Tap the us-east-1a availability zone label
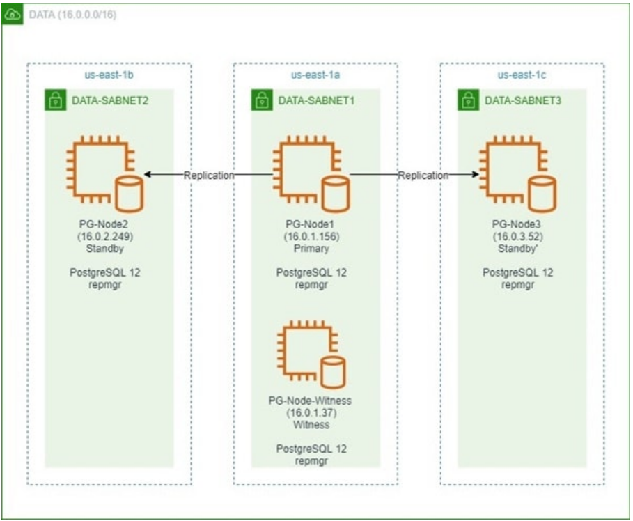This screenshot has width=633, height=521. [x=315, y=74]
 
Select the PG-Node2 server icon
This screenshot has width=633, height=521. [x=103, y=175]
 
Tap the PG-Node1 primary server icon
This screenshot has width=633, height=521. [x=309, y=175]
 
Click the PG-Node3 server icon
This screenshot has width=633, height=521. [x=516, y=175]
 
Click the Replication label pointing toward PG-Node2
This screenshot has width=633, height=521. [x=209, y=176]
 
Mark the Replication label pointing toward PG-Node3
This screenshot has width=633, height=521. [x=423, y=176]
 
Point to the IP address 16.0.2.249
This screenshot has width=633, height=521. [x=103, y=236]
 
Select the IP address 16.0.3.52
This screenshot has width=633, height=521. [x=518, y=236]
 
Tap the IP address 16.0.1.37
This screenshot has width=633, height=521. [x=310, y=413]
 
